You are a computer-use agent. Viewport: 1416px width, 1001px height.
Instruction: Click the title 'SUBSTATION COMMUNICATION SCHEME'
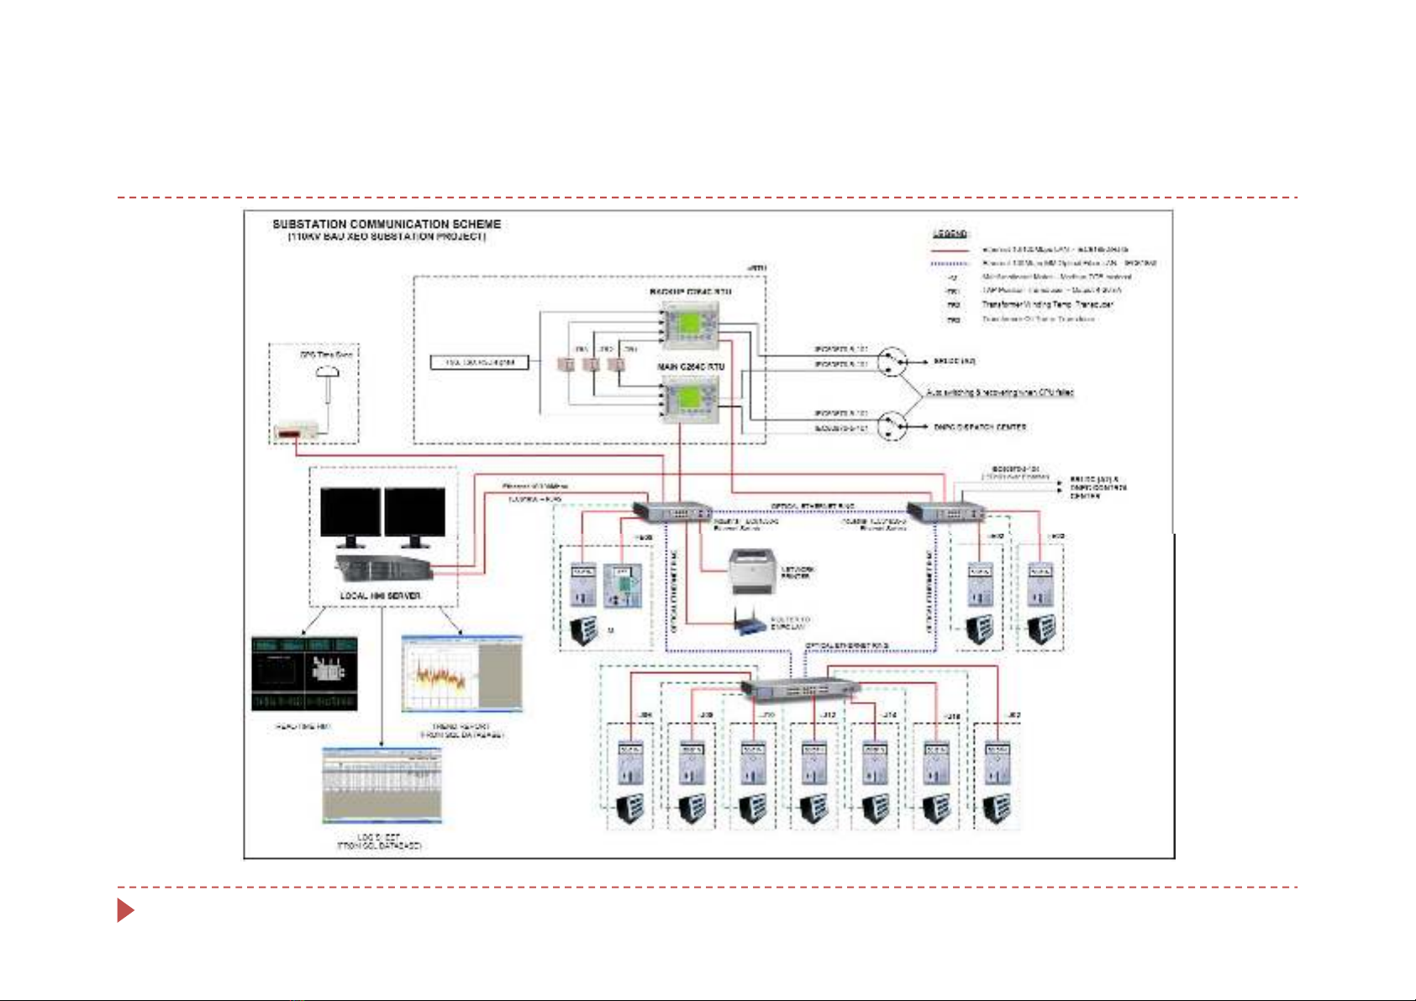point(387,224)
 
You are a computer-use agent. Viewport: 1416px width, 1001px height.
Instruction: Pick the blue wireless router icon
point(751,623)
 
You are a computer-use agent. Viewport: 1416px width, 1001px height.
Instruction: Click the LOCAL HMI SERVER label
point(380,596)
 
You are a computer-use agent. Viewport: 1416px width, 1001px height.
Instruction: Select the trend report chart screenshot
point(461,674)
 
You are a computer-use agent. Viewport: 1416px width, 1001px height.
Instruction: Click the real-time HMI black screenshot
point(304,674)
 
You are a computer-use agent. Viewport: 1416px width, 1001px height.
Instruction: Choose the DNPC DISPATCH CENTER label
point(980,427)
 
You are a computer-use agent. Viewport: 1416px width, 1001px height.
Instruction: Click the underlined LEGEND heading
point(950,234)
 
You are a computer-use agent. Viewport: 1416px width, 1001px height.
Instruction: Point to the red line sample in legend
point(950,250)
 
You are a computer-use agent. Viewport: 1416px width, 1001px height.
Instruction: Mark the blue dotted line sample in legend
point(950,264)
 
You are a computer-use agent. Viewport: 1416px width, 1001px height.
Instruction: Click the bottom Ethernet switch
point(800,688)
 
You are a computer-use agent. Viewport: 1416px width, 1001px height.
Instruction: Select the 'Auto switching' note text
point(1000,392)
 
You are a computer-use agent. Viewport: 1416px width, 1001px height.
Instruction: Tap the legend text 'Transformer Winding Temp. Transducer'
point(1047,304)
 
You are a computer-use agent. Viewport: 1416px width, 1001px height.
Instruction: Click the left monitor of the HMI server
point(350,512)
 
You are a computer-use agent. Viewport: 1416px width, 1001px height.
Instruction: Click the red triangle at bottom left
point(125,909)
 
